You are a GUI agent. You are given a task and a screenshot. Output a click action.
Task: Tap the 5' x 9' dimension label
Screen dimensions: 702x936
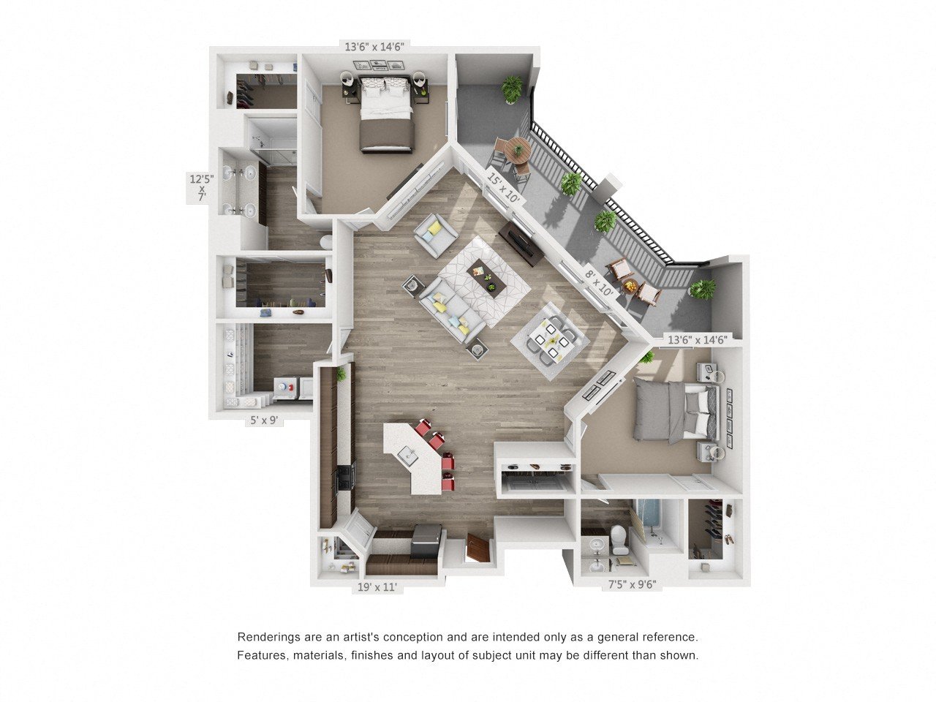click(262, 420)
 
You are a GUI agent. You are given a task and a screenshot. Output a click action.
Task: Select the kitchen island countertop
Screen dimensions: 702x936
click(414, 457)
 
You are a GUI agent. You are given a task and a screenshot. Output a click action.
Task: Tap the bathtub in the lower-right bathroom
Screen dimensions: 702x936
click(649, 523)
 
